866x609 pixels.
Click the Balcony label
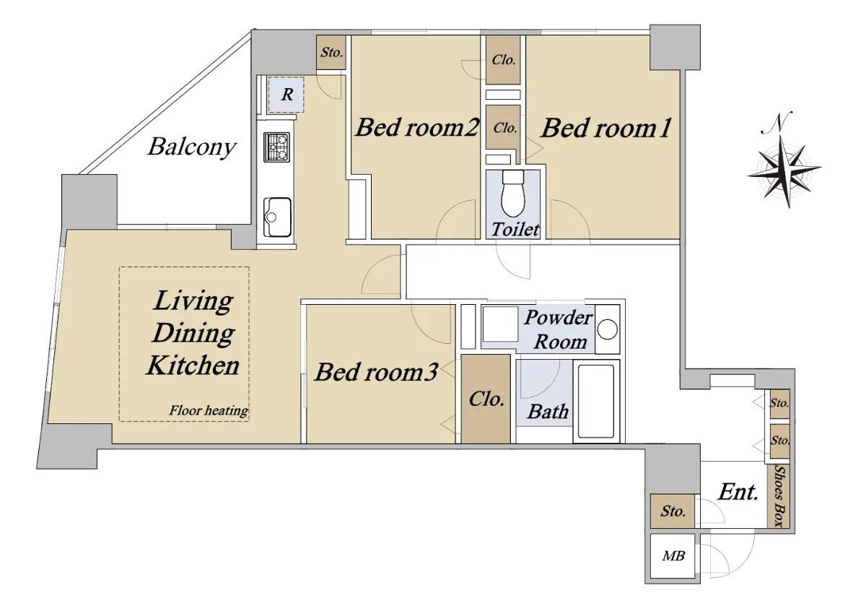click(192, 147)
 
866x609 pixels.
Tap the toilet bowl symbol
click(513, 194)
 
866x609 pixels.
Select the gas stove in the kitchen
click(277, 147)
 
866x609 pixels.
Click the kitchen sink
click(277, 217)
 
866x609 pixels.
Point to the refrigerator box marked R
click(286, 95)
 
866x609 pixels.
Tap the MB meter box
click(673, 556)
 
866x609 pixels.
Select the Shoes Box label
click(779, 496)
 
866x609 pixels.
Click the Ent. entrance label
click(738, 493)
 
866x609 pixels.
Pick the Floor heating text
click(209, 411)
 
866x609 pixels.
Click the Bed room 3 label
click(376, 372)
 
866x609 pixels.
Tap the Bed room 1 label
click(605, 128)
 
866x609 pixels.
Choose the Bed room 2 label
click(417, 127)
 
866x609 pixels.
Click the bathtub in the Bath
click(596, 401)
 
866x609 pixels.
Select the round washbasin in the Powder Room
click(607, 329)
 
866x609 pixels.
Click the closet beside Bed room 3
click(486, 399)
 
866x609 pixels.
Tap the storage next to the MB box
click(673, 511)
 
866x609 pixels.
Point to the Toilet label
click(515, 230)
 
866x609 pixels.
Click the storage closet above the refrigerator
click(331, 53)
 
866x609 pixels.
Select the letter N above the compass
click(777, 123)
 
